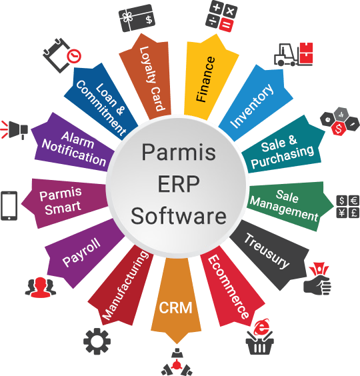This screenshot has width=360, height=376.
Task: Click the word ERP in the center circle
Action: [x=179, y=184]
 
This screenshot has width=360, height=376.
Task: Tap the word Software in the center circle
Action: [x=179, y=216]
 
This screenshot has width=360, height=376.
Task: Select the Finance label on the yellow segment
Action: [x=205, y=79]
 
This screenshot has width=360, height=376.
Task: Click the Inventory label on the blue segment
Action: [x=251, y=105]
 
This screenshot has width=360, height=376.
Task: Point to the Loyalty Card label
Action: [x=152, y=79]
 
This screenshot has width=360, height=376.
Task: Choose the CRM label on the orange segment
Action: [x=175, y=307]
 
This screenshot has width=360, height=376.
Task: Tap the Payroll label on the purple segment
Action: [x=81, y=252]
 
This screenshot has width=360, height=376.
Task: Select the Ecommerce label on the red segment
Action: [x=228, y=287]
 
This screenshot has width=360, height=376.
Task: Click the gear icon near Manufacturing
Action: [x=97, y=341]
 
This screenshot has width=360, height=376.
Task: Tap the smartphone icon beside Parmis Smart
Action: [x=9, y=206]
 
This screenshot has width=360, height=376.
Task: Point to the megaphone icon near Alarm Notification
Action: [x=15, y=130]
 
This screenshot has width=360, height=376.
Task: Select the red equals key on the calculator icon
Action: [x=227, y=25]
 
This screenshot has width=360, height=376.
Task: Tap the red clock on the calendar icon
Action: [x=74, y=56]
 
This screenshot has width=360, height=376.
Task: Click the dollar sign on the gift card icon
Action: [x=149, y=19]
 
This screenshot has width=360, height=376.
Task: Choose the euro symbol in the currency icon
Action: [x=354, y=201]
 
